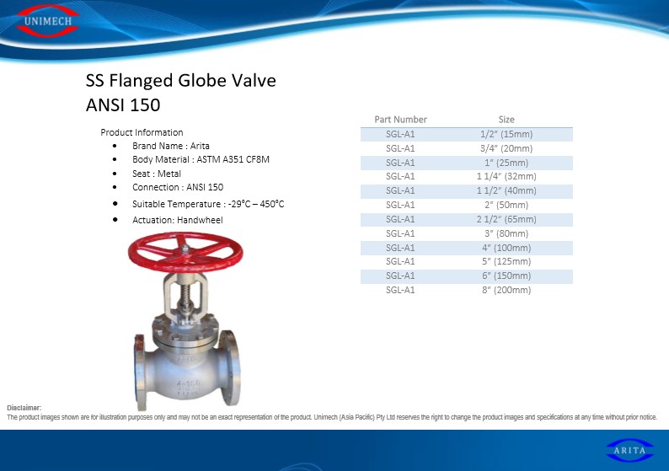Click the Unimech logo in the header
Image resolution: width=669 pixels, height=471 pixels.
[x=47, y=20]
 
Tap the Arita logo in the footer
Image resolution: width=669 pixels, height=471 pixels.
[x=629, y=450]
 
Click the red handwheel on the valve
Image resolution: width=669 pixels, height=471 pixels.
[x=185, y=252]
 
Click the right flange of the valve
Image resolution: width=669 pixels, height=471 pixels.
[x=230, y=367]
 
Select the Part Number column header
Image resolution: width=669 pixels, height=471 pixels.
[x=400, y=120]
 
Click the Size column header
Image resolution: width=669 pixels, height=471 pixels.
[x=506, y=120]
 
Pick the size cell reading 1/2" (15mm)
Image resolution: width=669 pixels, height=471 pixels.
[x=506, y=134]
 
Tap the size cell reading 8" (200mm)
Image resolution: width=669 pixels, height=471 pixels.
[x=506, y=290]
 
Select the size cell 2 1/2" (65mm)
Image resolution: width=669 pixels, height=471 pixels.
[x=506, y=219]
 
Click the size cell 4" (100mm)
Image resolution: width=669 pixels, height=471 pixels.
[x=506, y=248]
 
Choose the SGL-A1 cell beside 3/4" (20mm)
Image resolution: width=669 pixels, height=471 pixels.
[x=400, y=148]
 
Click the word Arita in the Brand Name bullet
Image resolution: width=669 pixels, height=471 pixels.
[x=200, y=146]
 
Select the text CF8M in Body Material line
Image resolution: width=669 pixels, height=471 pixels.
[x=257, y=159]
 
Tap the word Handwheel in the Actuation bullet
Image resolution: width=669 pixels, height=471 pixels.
[x=200, y=220]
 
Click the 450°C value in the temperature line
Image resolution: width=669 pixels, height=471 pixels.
[x=272, y=204]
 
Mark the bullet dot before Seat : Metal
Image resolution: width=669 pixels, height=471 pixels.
[x=115, y=174]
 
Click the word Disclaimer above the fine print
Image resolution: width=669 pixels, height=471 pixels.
[x=24, y=408]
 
